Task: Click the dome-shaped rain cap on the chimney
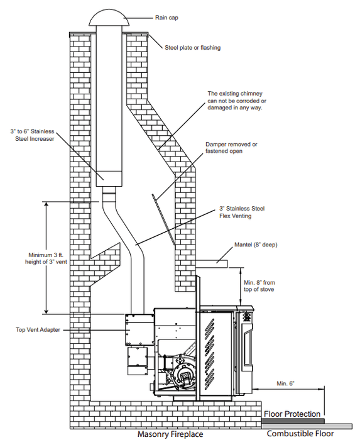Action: (109, 18)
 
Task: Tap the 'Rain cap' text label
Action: (166, 18)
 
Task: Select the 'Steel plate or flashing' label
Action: (193, 48)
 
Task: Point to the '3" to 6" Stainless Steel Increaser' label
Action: (33, 135)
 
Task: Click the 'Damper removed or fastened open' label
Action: (231, 148)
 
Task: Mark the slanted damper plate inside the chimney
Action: (163, 219)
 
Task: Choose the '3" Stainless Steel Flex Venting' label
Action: (242, 212)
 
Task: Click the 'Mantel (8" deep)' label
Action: (256, 245)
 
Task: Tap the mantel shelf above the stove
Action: (212, 264)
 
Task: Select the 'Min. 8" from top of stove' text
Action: (259, 286)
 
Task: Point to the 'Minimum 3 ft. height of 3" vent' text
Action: (46, 258)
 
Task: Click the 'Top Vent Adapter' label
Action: (38, 330)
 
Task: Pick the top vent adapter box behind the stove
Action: (139, 330)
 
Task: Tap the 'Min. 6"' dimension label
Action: (286, 383)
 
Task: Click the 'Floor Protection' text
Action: (292, 414)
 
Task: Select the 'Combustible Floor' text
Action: (300, 434)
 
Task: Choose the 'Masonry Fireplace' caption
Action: (170, 434)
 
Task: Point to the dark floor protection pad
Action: (293, 421)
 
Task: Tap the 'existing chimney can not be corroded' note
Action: (237, 101)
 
